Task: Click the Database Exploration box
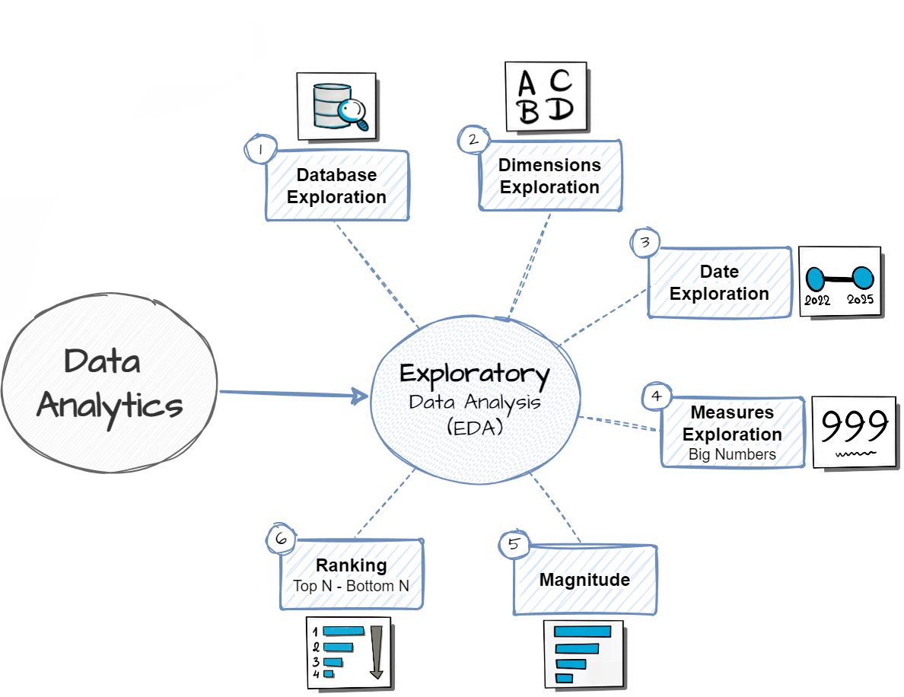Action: (x=337, y=186)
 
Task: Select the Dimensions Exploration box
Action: (x=549, y=176)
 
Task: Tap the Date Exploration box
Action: (x=719, y=282)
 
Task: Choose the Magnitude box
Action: (x=584, y=580)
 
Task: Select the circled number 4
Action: (x=657, y=396)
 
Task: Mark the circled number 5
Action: (x=514, y=544)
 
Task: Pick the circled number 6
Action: (x=281, y=539)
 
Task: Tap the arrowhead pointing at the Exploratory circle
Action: (x=360, y=395)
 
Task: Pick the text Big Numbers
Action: (x=732, y=454)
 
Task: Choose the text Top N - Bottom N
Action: (x=351, y=586)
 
